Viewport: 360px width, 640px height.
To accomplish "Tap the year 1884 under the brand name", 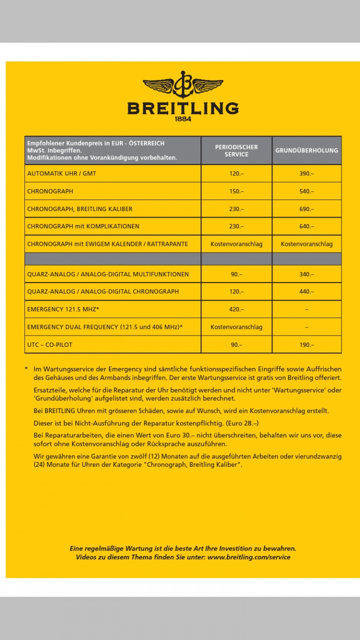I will pyautogui.click(x=183, y=119).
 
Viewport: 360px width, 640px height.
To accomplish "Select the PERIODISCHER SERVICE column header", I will pyautogui.click(x=236, y=150).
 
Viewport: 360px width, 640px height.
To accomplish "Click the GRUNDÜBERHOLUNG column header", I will pyautogui.click(x=306, y=150).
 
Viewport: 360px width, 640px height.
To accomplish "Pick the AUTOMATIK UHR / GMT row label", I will pyautogui.click(x=61, y=173).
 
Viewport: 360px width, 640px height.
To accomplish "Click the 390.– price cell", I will pyautogui.click(x=306, y=173).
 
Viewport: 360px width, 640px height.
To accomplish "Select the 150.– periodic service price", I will pyautogui.click(x=236, y=191).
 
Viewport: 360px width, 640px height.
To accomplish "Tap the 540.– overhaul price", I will pyautogui.click(x=306, y=191).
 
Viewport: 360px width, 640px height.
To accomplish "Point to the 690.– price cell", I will pyautogui.click(x=306, y=209).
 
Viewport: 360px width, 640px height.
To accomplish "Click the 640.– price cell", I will pyautogui.click(x=306, y=226).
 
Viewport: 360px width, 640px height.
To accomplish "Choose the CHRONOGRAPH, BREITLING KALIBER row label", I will pyautogui.click(x=79, y=209).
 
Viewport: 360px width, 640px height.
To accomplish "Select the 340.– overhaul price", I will pyautogui.click(x=306, y=274).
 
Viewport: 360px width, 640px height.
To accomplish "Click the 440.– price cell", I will pyautogui.click(x=306, y=291).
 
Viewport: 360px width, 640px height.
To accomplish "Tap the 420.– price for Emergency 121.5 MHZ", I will pyautogui.click(x=236, y=309).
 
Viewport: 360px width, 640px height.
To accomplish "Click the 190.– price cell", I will pyautogui.click(x=306, y=345).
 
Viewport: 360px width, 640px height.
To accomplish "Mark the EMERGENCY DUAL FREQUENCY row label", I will pyautogui.click(x=105, y=327).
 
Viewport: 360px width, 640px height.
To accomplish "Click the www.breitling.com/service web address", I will pyautogui.click(x=248, y=557).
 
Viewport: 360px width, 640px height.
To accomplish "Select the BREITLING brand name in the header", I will pyautogui.click(x=183, y=108).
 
